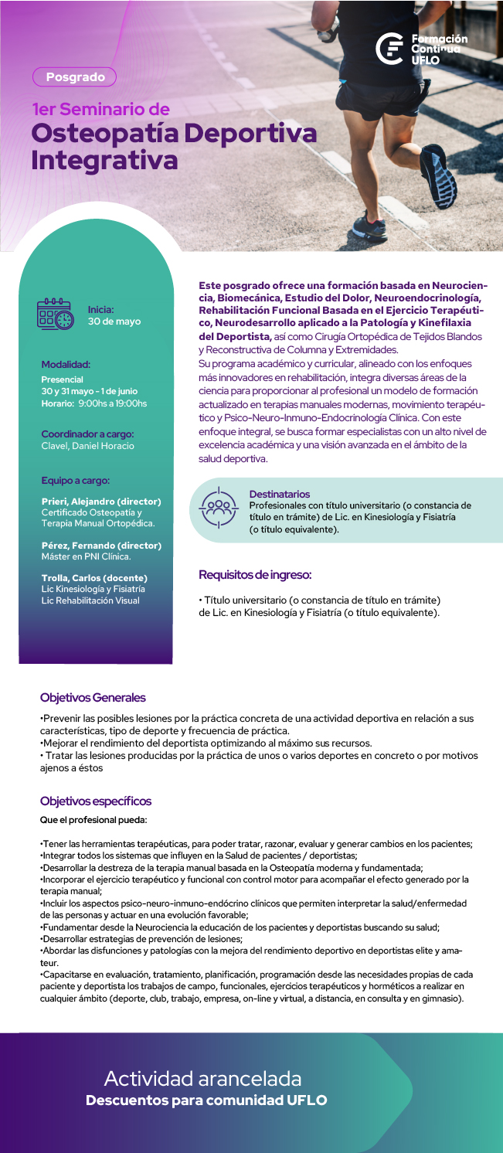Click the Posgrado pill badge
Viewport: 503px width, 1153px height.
coord(74,77)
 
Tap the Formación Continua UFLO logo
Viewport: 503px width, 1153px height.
coord(421,48)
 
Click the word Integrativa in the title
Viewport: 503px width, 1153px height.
coord(104,160)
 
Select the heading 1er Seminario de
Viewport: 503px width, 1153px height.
coord(100,110)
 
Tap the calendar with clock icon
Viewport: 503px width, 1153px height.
coord(56,315)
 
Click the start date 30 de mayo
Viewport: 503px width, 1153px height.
coord(114,321)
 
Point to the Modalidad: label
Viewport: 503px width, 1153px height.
coord(66,363)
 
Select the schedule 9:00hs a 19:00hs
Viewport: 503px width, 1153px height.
coord(112,403)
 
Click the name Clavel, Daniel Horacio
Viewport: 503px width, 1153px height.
coord(87,446)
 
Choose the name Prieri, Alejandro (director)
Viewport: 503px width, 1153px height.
coord(101,502)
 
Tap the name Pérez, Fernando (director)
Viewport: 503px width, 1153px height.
coord(101,546)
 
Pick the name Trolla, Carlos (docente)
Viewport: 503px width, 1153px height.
coord(94,578)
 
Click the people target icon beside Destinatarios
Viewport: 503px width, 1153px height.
coord(217,507)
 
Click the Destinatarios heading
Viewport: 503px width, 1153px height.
coord(280,494)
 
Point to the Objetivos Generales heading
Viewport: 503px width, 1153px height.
coord(93,698)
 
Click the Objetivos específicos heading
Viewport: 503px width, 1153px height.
coord(96,801)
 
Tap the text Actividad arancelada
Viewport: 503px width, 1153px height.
coord(202,1078)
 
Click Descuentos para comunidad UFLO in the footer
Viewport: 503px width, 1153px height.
coord(206,1100)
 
